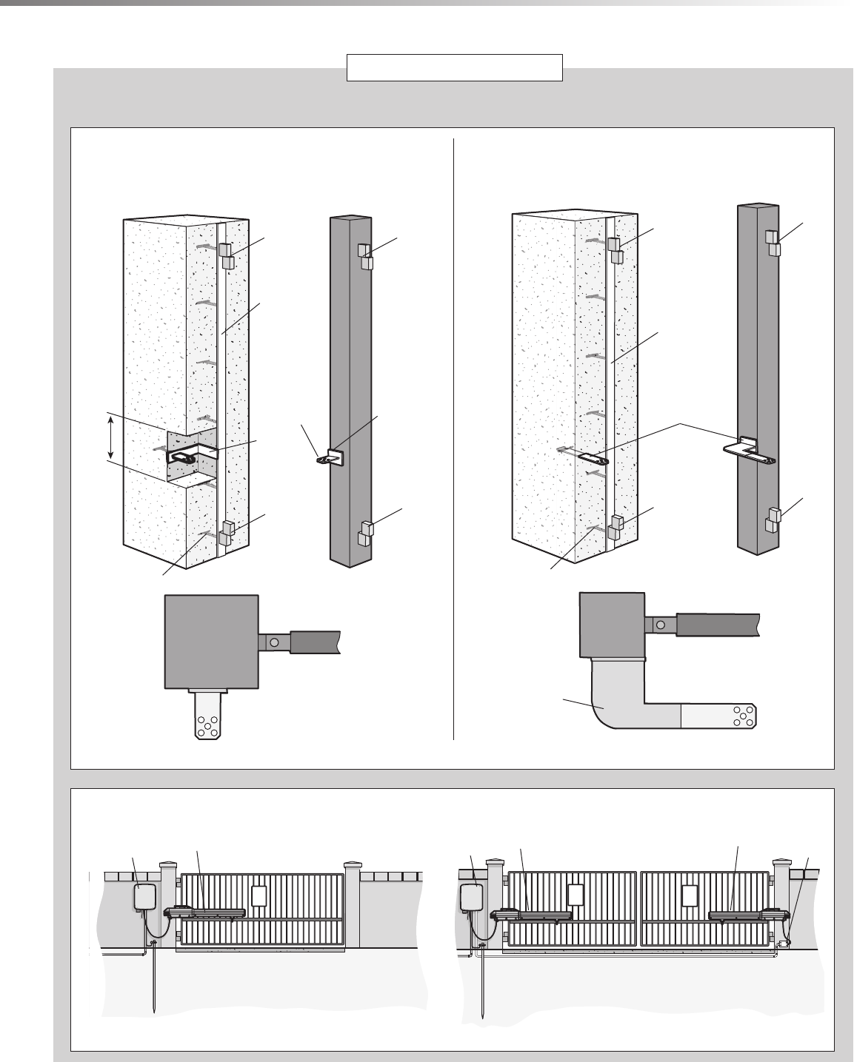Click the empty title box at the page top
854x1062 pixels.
[456, 67]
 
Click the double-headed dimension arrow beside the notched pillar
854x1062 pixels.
[111, 437]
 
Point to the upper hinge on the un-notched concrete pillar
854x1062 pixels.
[614, 250]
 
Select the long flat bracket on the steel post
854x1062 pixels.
[748, 450]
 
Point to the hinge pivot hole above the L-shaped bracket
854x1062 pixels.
[659, 625]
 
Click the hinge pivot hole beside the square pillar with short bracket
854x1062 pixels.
[274, 642]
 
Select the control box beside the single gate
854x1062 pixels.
[144, 897]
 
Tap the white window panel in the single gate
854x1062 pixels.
[258, 895]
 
